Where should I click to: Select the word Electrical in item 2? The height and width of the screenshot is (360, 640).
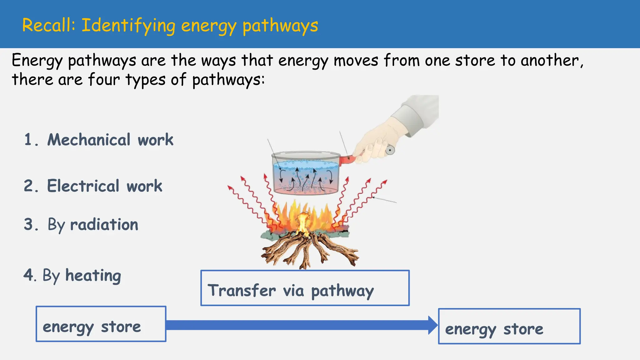[83, 186]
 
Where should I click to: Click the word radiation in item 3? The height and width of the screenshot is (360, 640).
[104, 225]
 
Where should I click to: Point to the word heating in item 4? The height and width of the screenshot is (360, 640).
[93, 276]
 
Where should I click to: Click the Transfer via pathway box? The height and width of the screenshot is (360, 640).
[305, 288]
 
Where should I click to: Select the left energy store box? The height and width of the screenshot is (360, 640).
[101, 324]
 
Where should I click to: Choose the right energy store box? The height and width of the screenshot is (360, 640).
[509, 326]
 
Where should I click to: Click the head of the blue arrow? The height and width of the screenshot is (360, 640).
[433, 325]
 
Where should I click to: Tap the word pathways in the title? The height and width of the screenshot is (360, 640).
[280, 26]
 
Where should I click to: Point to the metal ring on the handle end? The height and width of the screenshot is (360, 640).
[390, 150]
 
